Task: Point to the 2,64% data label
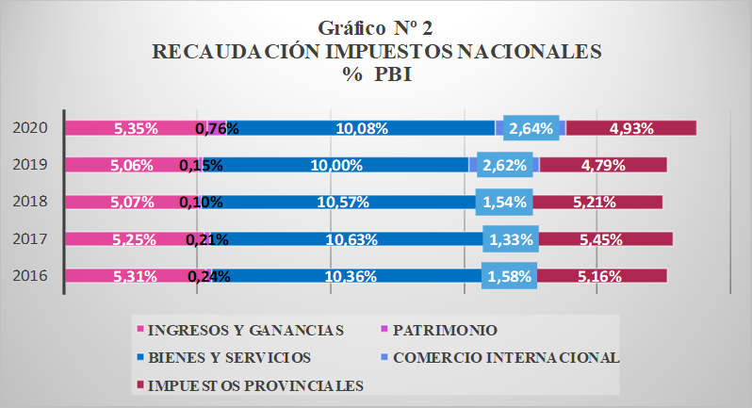(x=530, y=128)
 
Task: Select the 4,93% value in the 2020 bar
(x=632, y=128)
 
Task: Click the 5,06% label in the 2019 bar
(x=133, y=165)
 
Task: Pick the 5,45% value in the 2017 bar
(x=599, y=239)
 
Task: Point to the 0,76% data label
(x=217, y=128)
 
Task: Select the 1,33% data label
(x=512, y=239)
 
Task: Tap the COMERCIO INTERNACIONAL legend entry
(x=508, y=357)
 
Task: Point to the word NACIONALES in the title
(x=527, y=52)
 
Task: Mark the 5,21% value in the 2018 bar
(x=594, y=202)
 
